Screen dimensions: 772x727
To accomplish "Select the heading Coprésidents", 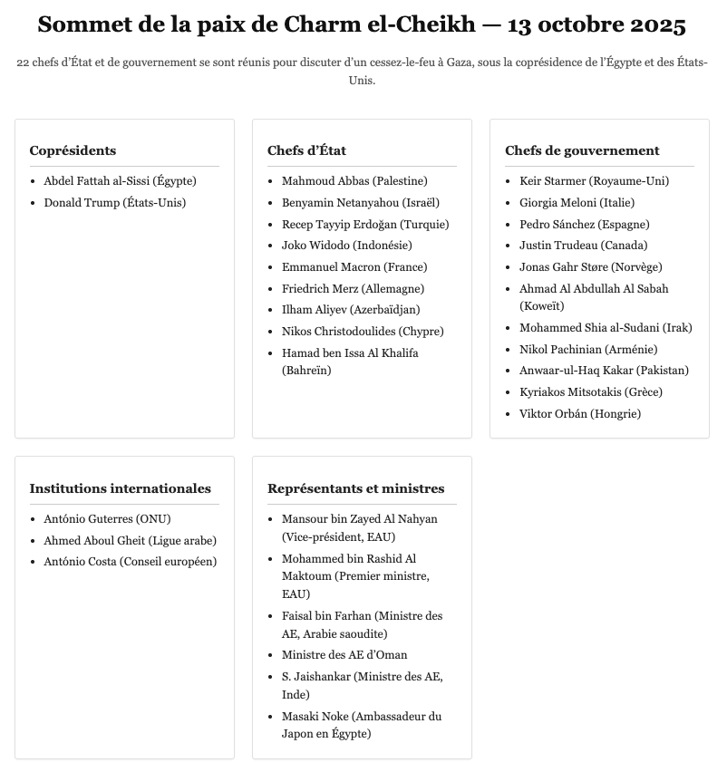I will tap(73, 150).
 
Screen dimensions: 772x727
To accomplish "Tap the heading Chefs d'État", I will tap(306, 150).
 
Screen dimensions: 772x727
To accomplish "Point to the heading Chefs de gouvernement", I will tap(582, 150).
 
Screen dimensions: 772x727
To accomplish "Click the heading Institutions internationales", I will tap(120, 488).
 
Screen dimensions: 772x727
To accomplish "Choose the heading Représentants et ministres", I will tap(355, 488).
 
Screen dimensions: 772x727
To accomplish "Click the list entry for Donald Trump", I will tap(115, 202).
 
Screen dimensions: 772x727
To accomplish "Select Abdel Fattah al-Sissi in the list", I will tap(120, 180).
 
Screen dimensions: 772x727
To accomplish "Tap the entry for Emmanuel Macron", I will tap(354, 266).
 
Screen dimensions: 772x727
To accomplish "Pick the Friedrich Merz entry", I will tap(353, 288).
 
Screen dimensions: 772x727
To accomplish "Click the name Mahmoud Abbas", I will tap(354, 180).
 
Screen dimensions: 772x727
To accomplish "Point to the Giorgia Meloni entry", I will tap(577, 202).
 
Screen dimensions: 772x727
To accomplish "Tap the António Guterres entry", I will tap(107, 519).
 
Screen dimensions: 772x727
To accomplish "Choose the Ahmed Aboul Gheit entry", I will tap(131, 540).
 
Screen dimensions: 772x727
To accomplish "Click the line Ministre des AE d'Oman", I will tap(344, 654).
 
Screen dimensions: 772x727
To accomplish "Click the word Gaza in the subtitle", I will tap(460, 63).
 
